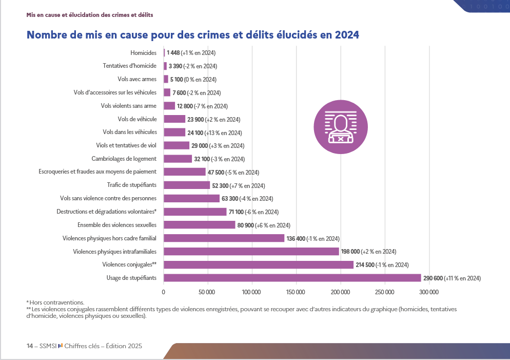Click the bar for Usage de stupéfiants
[x=292, y=278]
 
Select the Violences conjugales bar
[x=259, y=264]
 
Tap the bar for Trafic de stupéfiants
[x=187, y=185]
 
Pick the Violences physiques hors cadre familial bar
[x=224, y=238]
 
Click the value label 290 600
[x=433, y=278]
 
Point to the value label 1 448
[x=173, y=53]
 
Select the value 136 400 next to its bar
[x=296, y=239]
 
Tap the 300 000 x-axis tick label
[x=429, y=292]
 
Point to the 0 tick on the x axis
[x=164, y=292]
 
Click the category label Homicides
[x=144, y=53]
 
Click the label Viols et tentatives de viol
[x=126, y=145]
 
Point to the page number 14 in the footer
[x=30, y=346]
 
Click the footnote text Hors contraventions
[x=56, y=302]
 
